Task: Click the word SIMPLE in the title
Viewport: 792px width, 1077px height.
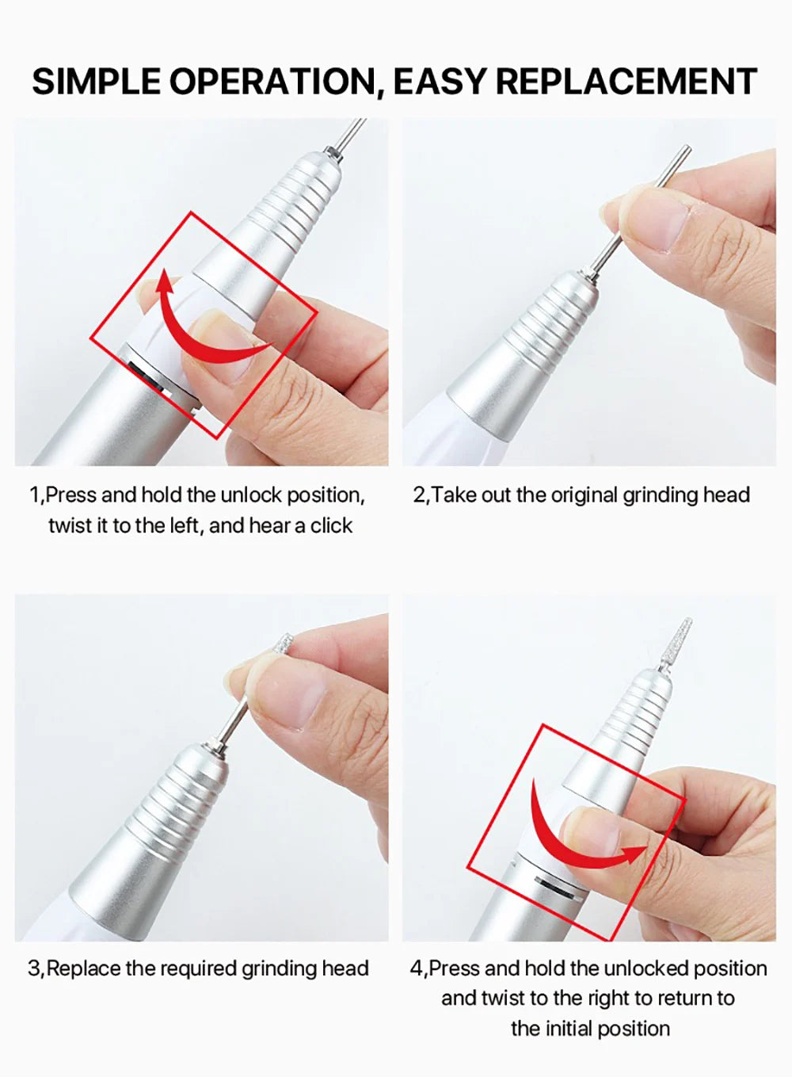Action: click(x=96, y=81)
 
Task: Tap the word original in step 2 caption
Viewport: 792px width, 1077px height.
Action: click(x=584, y=495)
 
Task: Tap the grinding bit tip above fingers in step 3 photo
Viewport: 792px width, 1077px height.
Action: click(x=284, y=644)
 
